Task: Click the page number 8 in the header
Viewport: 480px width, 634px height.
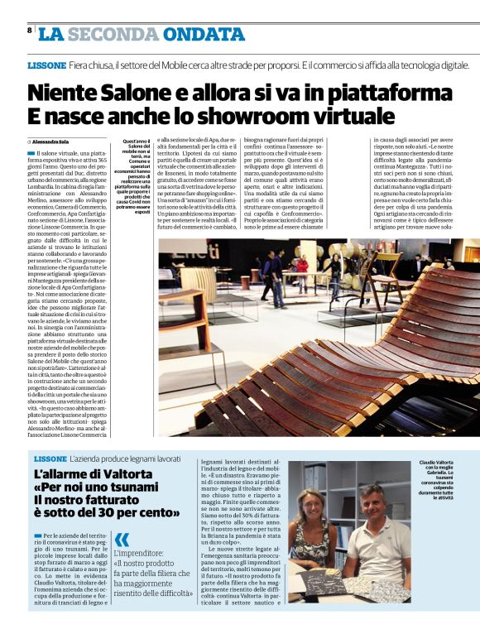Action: pos(29,31)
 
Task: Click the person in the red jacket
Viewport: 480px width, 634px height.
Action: pos(303,266)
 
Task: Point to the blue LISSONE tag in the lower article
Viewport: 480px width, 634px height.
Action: pos(50,459)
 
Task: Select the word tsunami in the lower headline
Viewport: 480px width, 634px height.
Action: pos(137,488)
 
